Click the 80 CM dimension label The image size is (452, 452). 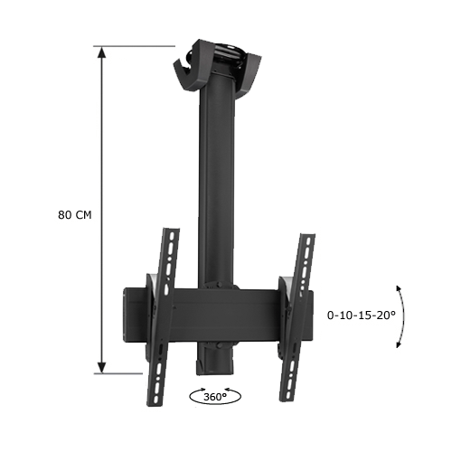point(74,215)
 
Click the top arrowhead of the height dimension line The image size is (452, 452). point(102,53)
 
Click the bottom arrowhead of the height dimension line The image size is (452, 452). point(102,365)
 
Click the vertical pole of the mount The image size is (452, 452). point(218,181)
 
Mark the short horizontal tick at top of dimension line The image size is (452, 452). point(136,46)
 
